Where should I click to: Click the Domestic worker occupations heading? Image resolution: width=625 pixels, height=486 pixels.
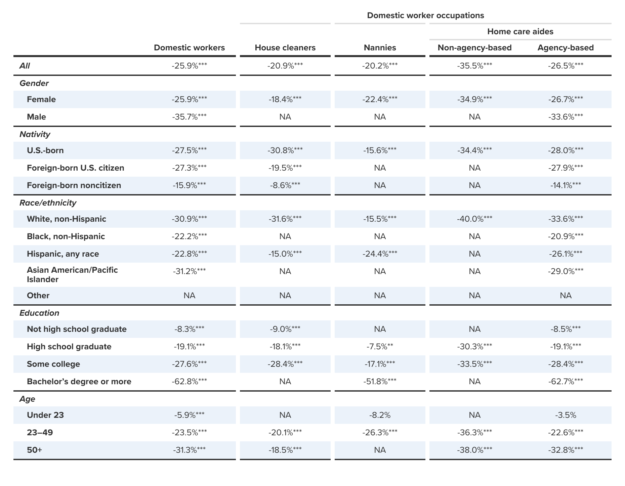click(425, 15)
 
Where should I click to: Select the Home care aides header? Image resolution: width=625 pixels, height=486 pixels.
click(520, 32)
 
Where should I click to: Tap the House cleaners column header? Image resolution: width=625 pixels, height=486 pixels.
click(285, 48)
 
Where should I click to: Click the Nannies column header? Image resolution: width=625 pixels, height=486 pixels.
click(380, 48)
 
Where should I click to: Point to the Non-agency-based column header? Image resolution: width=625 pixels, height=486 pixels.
click(474, 48)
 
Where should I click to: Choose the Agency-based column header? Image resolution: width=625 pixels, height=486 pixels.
click(566, 48)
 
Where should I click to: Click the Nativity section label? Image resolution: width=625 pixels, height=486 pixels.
click(35, 134)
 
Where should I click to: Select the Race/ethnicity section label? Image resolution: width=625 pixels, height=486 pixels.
click(48, 203)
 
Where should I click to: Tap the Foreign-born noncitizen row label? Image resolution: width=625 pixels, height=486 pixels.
click(74, 185)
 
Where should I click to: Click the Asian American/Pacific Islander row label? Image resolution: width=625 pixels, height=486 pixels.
click(72, 275)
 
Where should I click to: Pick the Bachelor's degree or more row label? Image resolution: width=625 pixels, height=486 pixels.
click(79, 382)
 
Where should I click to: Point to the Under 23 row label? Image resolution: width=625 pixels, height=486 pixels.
click(45, 415)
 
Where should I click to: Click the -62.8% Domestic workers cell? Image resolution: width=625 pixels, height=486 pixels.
click(189, 382)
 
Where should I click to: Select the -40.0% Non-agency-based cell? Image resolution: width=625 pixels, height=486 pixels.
click(474, 219)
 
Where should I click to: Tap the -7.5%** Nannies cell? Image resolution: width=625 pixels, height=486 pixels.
click(380, 347)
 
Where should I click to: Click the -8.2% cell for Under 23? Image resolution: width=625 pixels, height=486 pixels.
click(380, 415)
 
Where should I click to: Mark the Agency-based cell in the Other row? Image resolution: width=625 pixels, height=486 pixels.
click(566, 296)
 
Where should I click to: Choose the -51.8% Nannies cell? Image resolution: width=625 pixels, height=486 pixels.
click(380, 382)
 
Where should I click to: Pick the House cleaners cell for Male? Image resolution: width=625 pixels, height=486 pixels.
click(285, 117)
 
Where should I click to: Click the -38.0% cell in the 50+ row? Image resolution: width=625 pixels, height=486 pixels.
click(474, 450)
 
